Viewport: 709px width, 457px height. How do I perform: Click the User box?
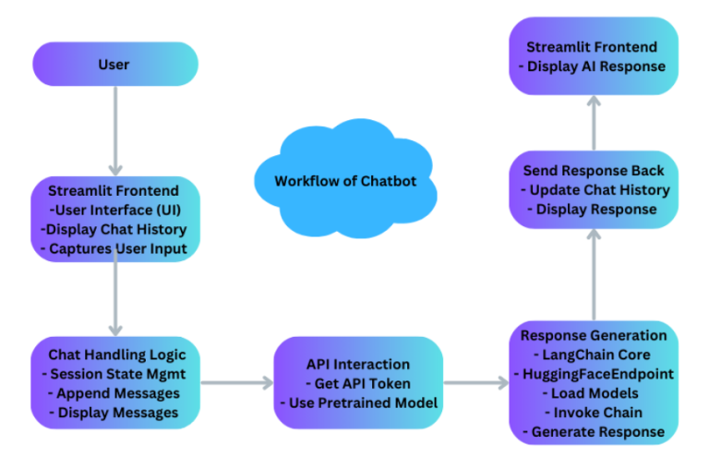point(114,65)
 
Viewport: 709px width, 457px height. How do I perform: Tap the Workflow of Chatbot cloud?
point(344,180)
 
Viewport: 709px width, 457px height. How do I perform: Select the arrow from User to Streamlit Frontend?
point(114,129)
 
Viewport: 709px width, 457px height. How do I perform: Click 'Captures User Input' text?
point(116,247)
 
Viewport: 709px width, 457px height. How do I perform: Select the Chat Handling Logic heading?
point(115,355)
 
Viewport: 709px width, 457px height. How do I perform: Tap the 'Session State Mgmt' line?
point(115,373)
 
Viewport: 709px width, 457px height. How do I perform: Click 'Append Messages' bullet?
point(115,392)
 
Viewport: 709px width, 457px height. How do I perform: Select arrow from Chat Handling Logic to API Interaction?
point(235,382)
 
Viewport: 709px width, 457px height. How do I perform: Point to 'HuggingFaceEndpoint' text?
point(594,374)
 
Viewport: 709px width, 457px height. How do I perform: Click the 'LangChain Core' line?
point(594,355)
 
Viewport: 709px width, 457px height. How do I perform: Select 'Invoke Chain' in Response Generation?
point(594,412)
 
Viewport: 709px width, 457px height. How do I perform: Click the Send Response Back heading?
point(594,171)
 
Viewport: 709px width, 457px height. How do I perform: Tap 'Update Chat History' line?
point(594,189)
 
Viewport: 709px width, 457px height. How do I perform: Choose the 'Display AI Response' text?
point(594,66)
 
